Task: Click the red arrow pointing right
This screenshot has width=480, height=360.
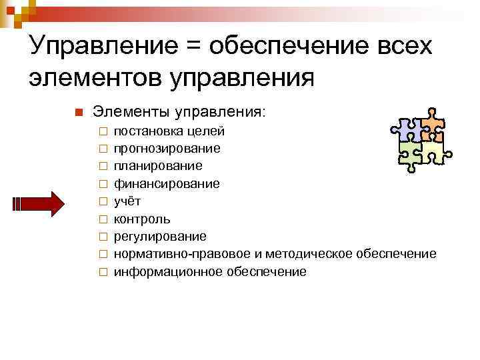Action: point(39,201)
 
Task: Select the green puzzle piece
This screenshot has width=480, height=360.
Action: point(412,155)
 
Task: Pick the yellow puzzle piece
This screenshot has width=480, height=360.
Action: point(434,153)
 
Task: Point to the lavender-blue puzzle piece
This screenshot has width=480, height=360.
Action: point(407,128)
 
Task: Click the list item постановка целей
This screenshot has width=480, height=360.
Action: point(169,130)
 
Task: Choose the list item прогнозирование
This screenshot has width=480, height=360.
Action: point(167,148)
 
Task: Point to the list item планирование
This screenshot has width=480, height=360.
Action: point(158,165)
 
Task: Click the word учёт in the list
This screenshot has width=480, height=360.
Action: point(127,201)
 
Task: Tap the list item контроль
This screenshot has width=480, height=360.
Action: point(141,219)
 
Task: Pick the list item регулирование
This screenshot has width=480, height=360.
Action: point(160,236)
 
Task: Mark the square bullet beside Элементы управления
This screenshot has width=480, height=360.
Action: point(77,111)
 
